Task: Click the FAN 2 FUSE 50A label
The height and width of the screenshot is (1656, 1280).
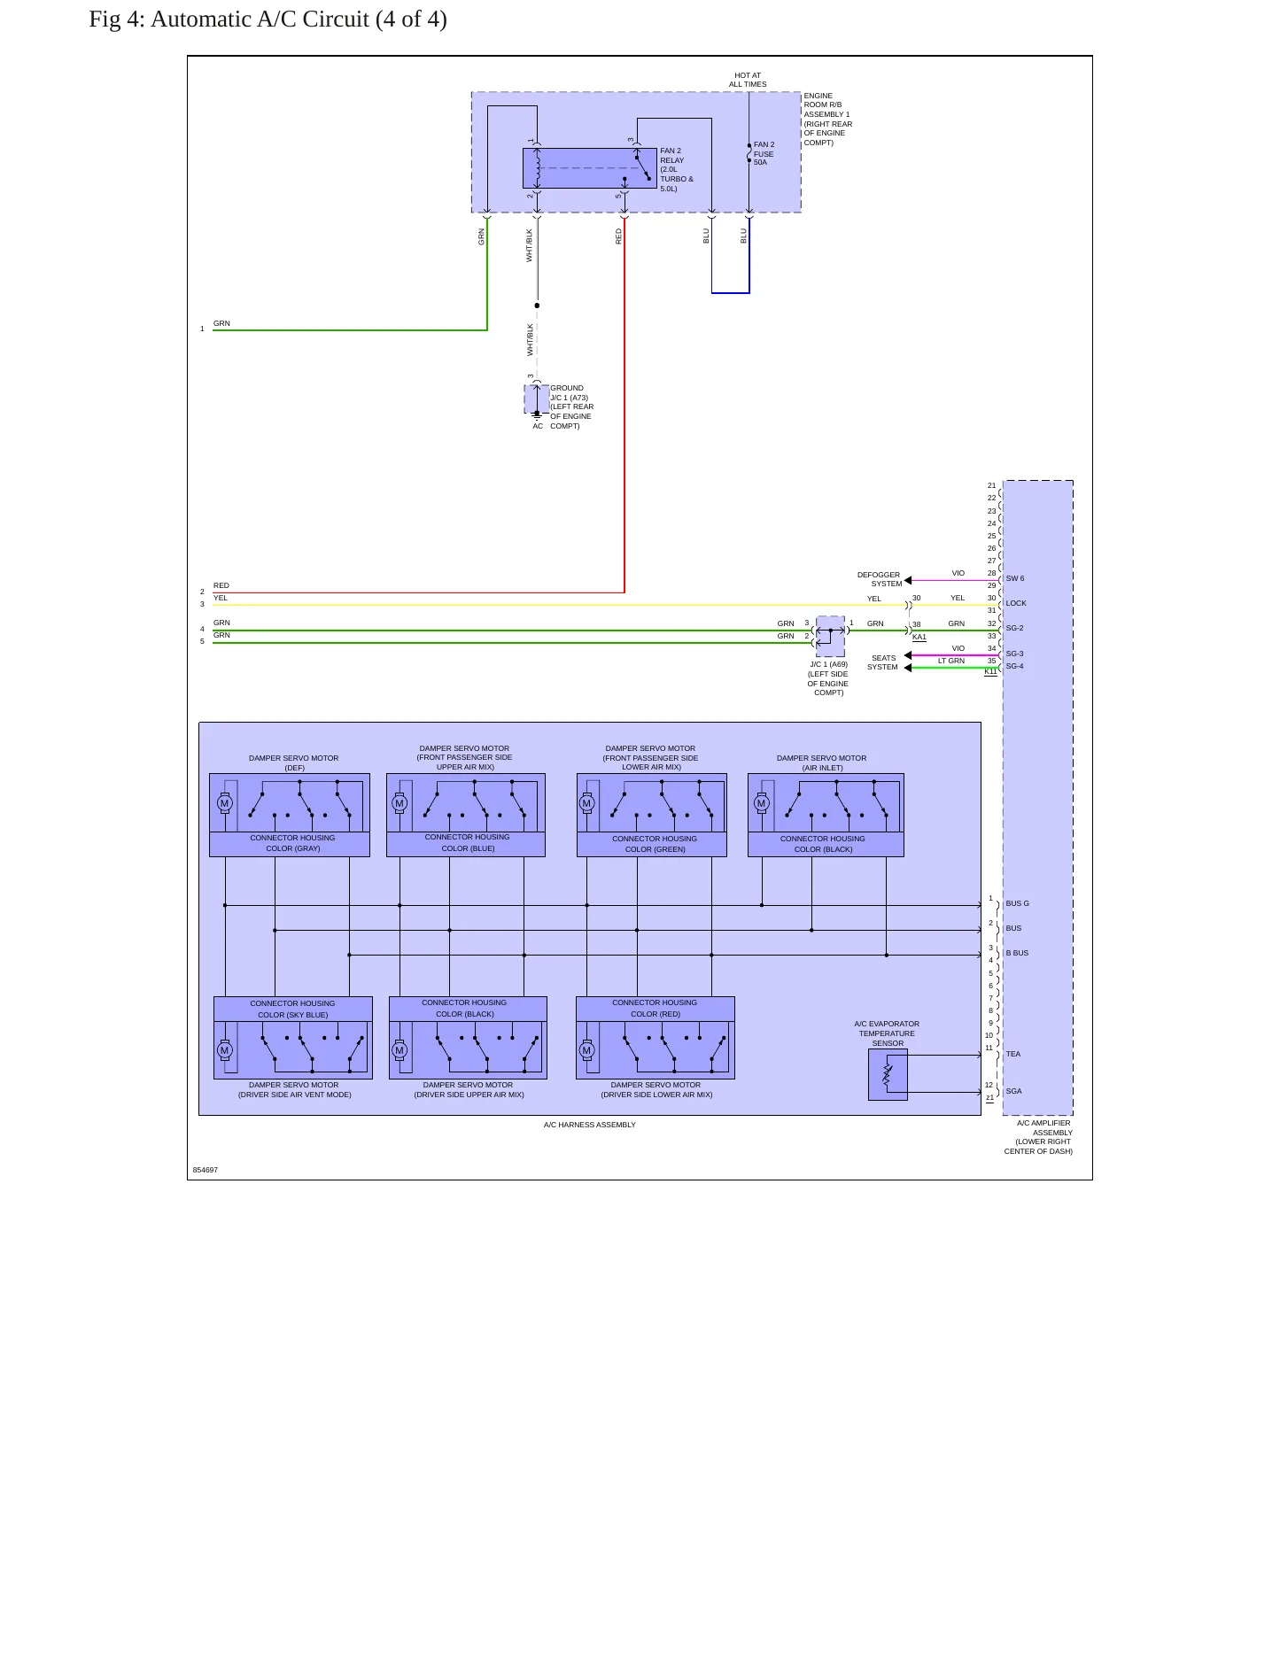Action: [764, 153]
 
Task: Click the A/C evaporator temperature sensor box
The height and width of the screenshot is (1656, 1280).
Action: [888, 1074]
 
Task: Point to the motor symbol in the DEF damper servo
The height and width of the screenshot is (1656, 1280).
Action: [224, 803]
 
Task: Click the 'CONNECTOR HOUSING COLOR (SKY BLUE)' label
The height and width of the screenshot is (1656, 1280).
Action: [292, 1009]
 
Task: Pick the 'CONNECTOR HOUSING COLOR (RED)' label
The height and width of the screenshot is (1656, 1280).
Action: [655, 1008]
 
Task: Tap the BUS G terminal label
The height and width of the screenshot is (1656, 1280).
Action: [1017, 903]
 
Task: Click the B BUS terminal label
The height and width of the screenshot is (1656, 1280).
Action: [1017, 953]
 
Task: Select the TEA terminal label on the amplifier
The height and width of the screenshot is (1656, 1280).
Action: [1013, 1054]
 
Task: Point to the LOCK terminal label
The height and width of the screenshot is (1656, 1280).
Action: [1016, 603]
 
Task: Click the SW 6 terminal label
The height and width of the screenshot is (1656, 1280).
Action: [1015, 578]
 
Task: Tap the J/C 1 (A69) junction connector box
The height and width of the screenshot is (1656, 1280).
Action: [830, 636]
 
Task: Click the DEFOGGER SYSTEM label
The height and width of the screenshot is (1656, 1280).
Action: [879, 579]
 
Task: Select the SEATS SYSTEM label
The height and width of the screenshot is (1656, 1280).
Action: [883, 662]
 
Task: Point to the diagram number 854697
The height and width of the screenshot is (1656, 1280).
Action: [206, 1170]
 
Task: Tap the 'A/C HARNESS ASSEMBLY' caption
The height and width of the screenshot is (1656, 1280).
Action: [590, 1125]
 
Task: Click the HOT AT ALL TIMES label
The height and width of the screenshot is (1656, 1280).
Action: [748, 80]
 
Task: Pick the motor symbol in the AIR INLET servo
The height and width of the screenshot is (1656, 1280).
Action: [761, 803]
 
